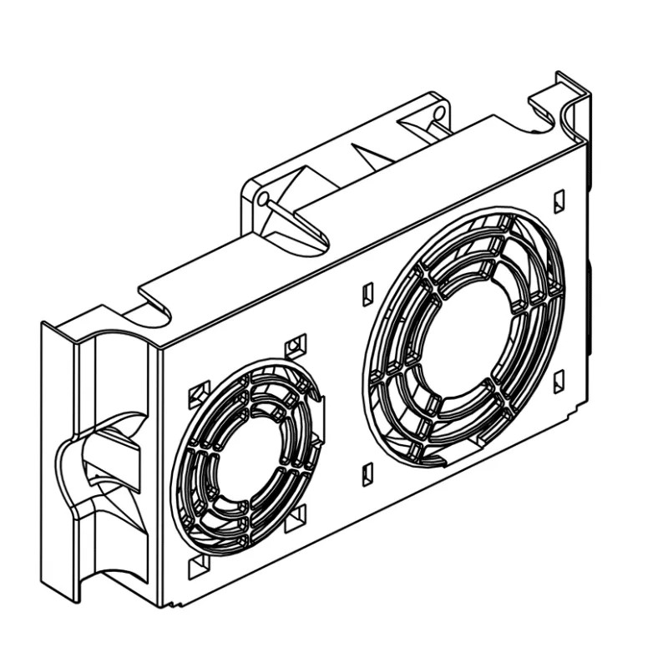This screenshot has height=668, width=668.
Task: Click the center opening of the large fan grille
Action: pyautogui.click(x=464, y=331)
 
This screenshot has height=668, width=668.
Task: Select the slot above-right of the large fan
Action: pyautogui.click(x=559, y=201)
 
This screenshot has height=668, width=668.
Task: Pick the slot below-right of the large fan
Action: pyautogui.click(x=558, y=380)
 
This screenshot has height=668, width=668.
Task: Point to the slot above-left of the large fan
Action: pyautogui.click(x=367, y=294)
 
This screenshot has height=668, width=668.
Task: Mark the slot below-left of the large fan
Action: pyautogui.click(x=367, y=474)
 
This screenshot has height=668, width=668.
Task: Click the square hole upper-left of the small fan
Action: pyautogui.click(x=200, y=392)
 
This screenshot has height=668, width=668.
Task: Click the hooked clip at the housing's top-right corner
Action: pyautogui.click(x=561, y=104)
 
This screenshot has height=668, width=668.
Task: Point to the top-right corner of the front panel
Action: pyautogui.click(x=582, y=139)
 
